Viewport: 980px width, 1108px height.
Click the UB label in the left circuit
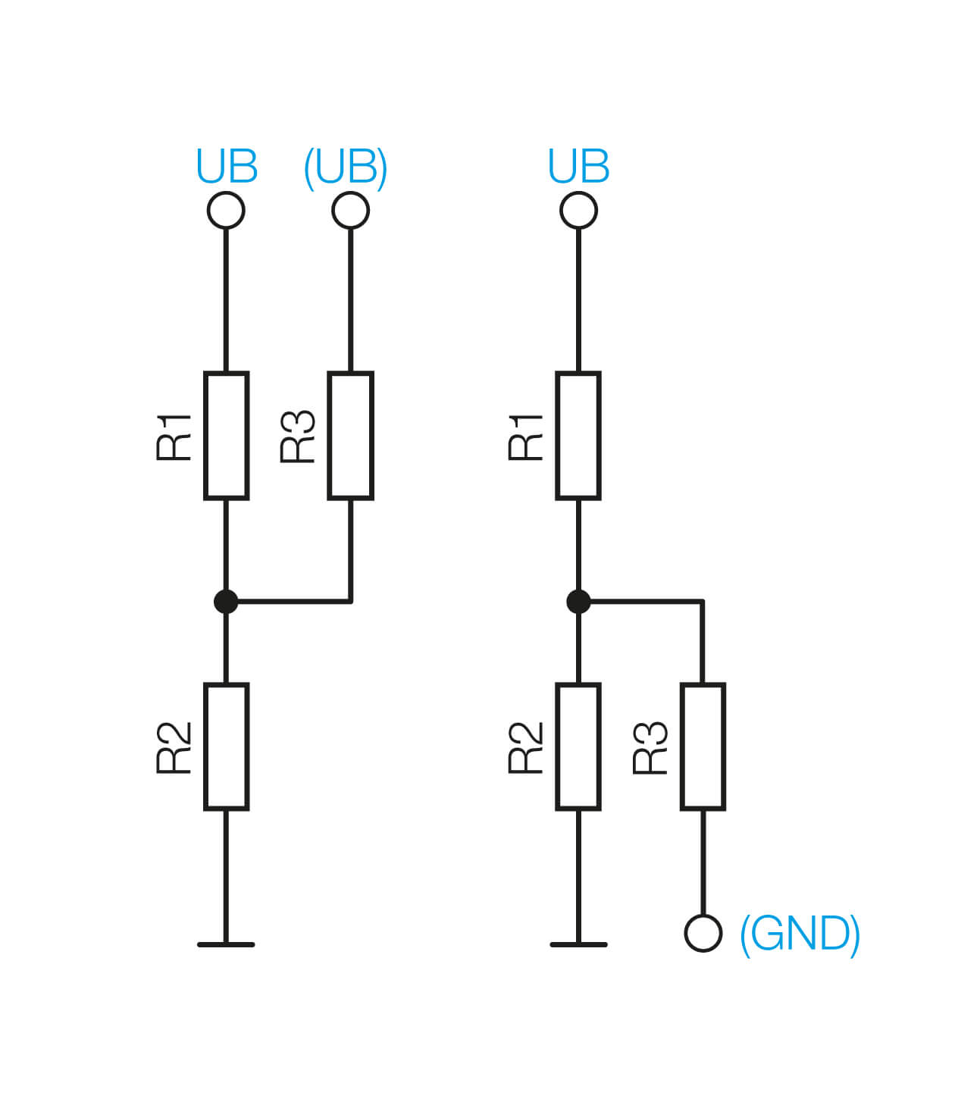point(227,167)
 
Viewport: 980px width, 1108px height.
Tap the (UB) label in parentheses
point(346,167)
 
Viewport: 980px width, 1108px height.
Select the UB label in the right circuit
point(578,167)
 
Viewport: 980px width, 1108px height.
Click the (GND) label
point(800,934)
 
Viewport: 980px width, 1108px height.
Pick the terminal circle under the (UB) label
point(350,210)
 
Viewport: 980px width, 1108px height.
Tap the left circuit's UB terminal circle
point(226,210)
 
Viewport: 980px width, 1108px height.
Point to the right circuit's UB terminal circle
point(578,210)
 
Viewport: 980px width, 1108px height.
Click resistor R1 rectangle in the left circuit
point(226,435)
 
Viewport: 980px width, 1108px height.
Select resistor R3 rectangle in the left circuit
point(350,435)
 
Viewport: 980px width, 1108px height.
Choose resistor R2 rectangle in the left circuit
point(226,746)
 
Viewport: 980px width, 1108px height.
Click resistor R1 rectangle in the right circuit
point(578,435)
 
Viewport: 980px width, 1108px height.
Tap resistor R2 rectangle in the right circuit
point(578,746)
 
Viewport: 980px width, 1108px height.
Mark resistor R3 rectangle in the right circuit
point(703,746)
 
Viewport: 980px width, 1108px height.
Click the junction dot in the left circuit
point(226,602)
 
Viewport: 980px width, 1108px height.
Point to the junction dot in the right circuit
point(578,602)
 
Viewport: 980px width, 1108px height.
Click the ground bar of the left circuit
point(226,944)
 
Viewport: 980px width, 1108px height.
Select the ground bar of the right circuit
point(578,944)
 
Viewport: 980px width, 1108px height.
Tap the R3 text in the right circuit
point(650,747)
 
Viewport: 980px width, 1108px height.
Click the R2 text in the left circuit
point(174,747)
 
